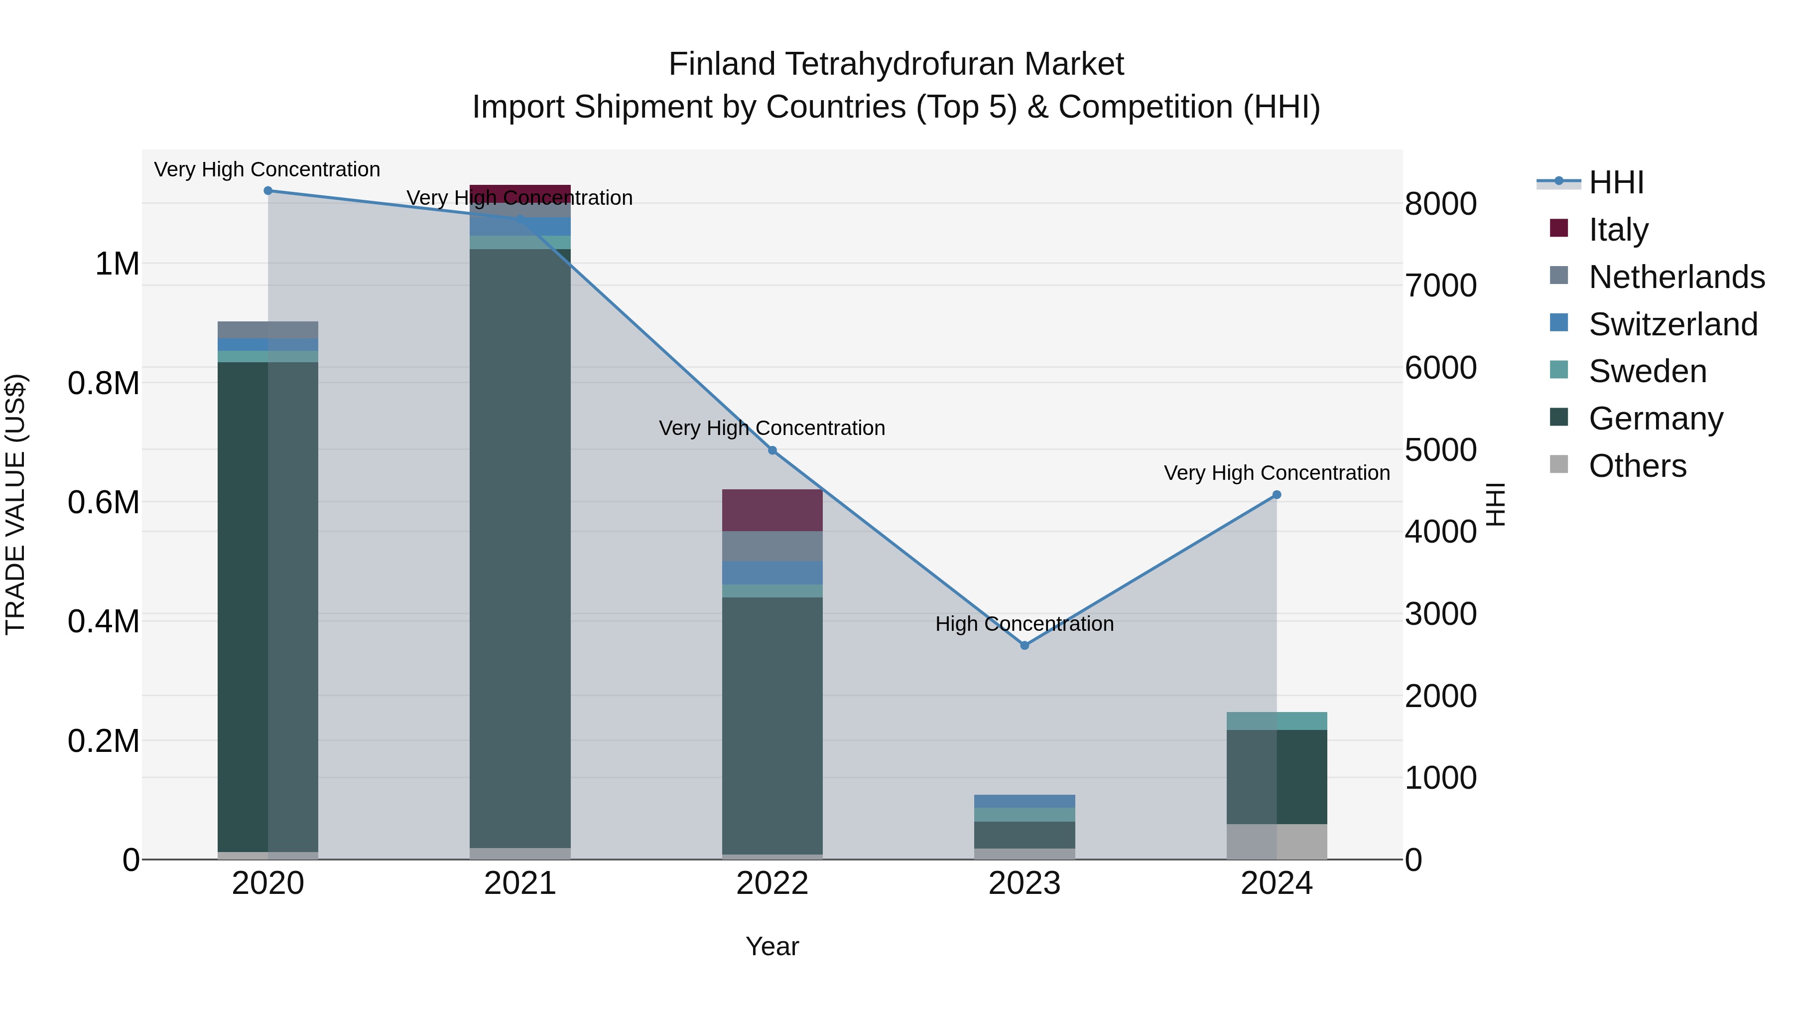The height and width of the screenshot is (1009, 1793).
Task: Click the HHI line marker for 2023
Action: point(1024,645)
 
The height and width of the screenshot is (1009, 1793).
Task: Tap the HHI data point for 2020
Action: point(268,191)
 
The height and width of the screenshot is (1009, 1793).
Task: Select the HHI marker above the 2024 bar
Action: point(1277,495)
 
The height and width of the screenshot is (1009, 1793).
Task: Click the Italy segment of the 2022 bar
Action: point(772,510)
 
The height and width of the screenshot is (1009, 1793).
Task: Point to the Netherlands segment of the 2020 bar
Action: point(268,330)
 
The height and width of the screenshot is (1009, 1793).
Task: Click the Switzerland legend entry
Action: point(1672,324)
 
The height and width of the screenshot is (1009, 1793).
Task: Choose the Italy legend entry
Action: point(1618,230)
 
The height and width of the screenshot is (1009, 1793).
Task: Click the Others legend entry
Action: point(1637,466)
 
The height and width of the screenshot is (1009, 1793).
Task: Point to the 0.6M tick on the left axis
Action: point(104,502)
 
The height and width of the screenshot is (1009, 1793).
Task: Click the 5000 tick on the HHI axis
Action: point(1440,450)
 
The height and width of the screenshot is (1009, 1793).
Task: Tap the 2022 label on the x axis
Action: point(772,883)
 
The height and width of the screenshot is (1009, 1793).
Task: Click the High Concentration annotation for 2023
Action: point(1024,624)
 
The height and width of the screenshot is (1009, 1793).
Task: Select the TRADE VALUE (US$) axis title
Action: point(16,504)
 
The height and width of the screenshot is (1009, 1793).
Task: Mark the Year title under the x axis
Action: point(772,946)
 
